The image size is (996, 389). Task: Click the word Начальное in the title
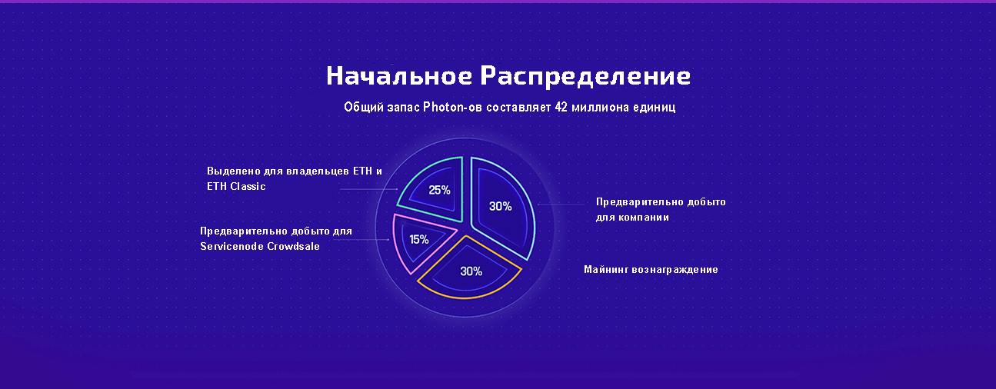tap(399, 75)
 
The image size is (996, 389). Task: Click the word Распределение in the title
tap(585, 76)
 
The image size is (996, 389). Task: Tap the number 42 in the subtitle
tap(561, 107)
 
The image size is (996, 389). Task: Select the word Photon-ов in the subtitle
tap(452, 107)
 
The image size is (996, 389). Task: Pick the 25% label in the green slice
tap(439, 191)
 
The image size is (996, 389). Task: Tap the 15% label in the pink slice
tap(419, 240)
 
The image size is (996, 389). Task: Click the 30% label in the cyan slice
tap(500, 206)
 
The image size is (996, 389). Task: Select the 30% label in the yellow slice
tap(471, 271)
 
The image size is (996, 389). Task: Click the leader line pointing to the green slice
tap(368, 189)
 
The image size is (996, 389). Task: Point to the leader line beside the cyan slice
tap(561, 204)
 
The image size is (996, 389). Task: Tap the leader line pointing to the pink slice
tap(361, 240)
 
